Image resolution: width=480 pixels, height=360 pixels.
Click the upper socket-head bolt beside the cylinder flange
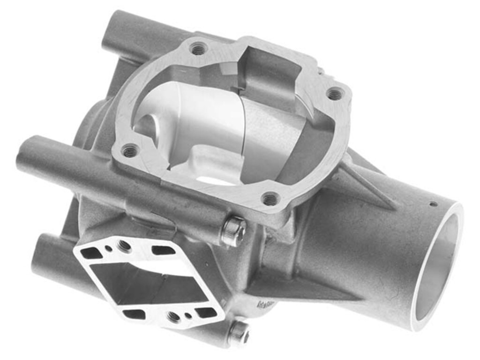[x=233, y=231]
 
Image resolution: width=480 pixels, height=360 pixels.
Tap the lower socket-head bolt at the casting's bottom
[x=238, y=333]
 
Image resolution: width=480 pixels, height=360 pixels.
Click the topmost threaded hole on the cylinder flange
[x=199, y=48]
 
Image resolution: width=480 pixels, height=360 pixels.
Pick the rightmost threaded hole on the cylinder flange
[x=334, y=94]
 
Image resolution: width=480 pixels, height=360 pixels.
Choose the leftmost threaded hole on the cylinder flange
[x=130, y=151]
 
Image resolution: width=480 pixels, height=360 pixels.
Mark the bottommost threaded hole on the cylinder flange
[x=270, y=199]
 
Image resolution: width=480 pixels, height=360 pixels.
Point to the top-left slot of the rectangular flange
[x=92, y=253]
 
